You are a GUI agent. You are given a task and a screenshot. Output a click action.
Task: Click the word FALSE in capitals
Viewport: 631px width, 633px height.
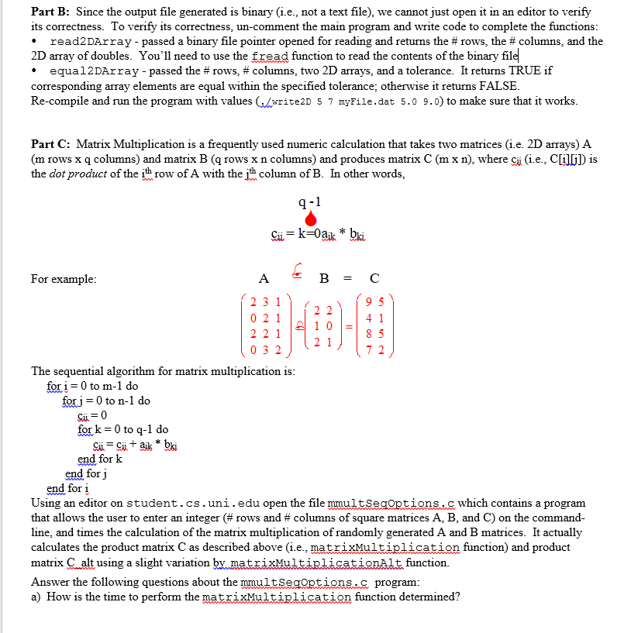499,86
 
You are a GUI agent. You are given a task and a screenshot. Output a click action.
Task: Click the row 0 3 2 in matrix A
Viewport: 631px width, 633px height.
266,349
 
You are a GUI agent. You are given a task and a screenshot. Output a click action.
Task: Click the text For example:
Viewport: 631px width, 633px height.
64,278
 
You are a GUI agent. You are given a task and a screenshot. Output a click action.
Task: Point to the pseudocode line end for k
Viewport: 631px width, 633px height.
100,459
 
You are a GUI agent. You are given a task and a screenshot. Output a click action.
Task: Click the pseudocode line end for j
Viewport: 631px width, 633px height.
85,473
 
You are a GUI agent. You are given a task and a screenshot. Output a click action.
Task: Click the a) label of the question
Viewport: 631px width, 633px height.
37,597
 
